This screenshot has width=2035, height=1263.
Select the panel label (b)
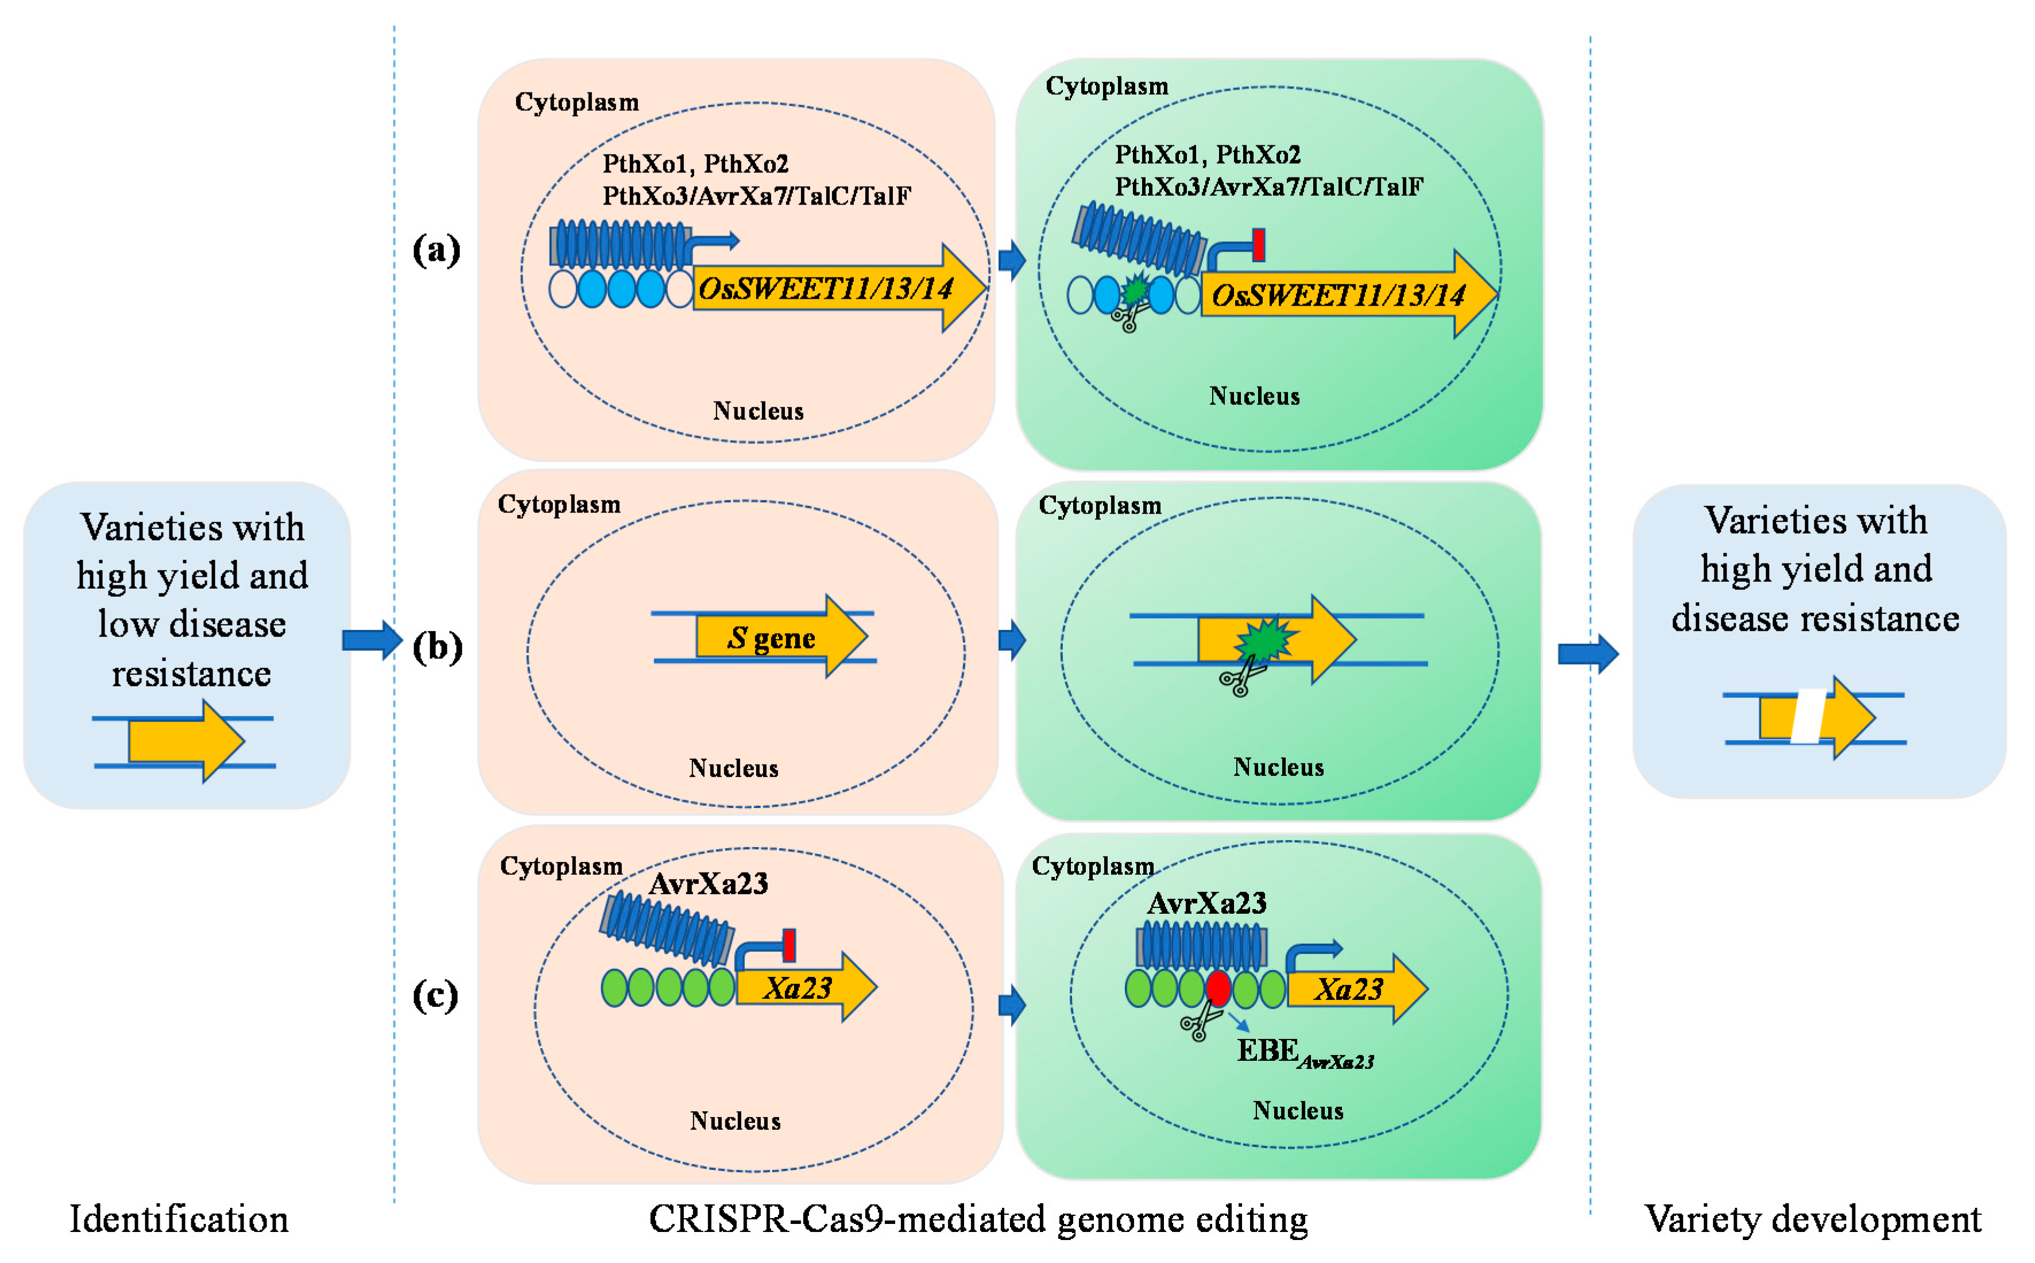(x=437, y=647)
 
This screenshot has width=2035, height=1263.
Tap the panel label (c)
(x=435, y=995)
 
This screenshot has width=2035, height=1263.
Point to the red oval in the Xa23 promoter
(x=1217, y=988)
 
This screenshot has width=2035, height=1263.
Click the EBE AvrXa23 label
(x=1303, y=1052)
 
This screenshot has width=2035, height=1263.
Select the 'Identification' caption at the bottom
(x=179, y=1219)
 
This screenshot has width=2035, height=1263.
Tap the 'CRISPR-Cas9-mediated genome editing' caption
(x=978, y=1219)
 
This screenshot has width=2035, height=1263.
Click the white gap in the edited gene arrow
(x=1808, y=716)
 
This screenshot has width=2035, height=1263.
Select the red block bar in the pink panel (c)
(x=788, y=945)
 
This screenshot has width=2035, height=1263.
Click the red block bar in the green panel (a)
(x=1259, y=246)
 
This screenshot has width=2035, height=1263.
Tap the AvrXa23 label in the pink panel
(x=708, y=884)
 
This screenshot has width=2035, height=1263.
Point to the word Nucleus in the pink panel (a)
(x=757, y=411)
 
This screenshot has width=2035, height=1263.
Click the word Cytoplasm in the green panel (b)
(x=1100, y=505)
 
